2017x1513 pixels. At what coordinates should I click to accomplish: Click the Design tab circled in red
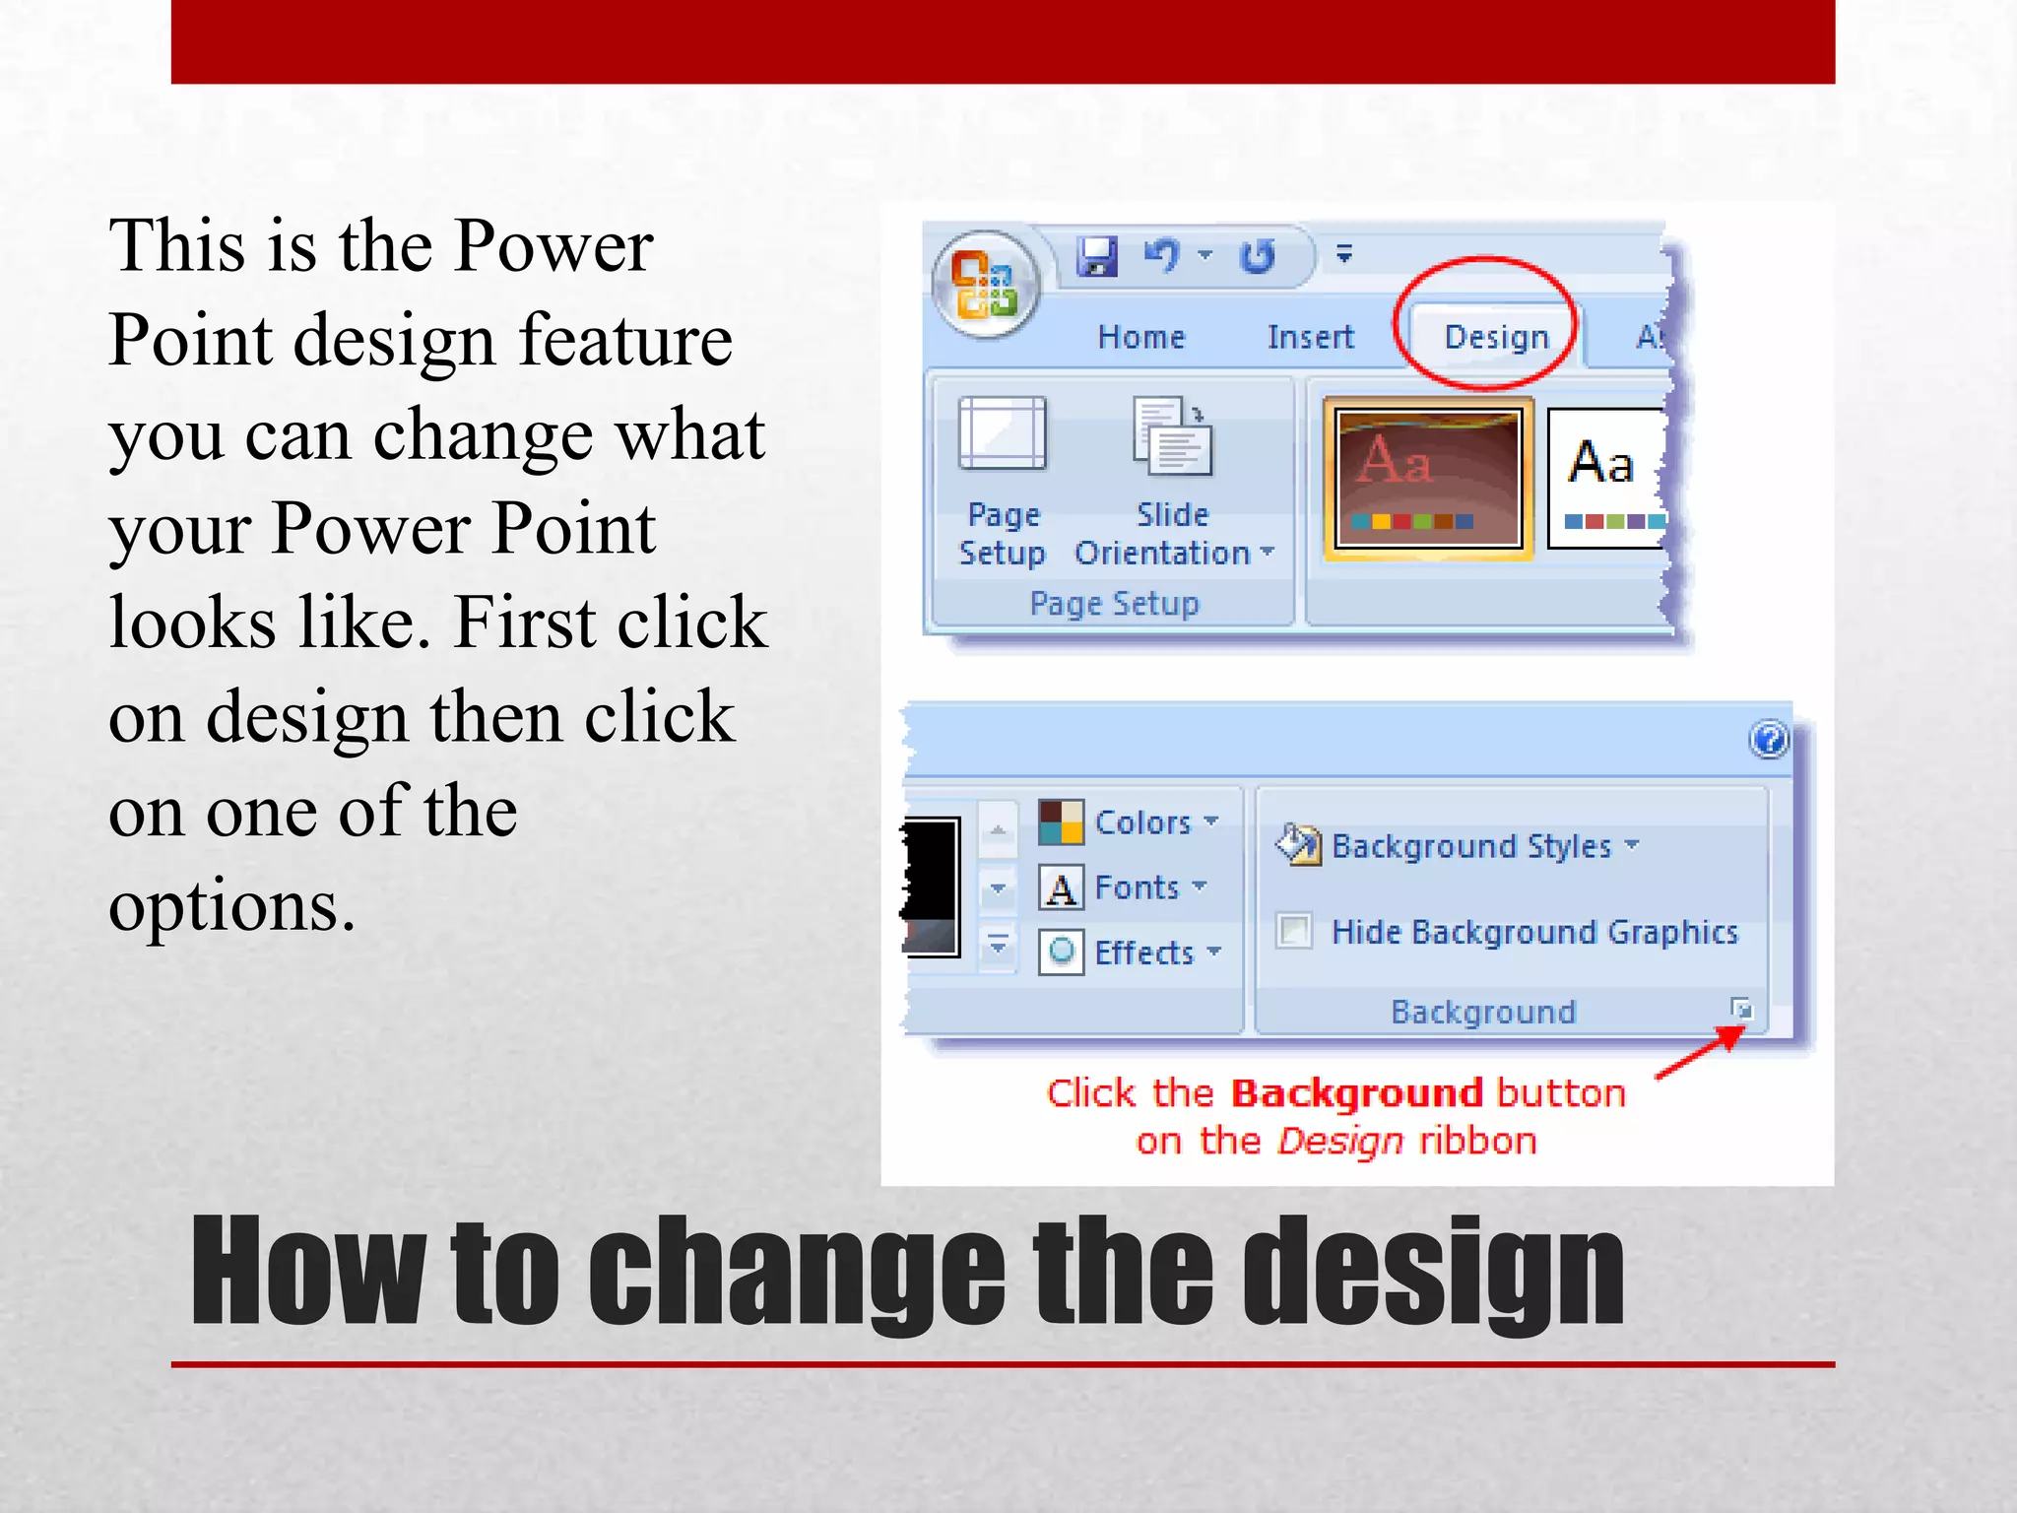pyautogui.click(x=1495, y=337)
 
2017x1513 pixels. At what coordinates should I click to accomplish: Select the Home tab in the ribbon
pyautogui.click(x=1141, y=337)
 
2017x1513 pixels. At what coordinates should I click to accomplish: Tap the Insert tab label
pyautogui.click(x=1310, y=337)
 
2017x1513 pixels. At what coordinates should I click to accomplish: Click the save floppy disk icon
pyautogui.click(x=1096, y=257)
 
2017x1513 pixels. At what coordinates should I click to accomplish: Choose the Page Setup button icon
pyautogui.click(x=1002, y=434)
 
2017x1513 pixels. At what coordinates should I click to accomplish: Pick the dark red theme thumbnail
pyautogui.click(x=1428, y=479)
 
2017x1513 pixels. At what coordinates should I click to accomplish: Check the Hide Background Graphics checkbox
pyautogui.click(x=1294, y=931)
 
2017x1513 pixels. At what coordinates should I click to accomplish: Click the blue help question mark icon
pyautogui.click(x=1769, y=739)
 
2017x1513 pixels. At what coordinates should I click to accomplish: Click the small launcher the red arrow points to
pyautogui.click(x=1741, y=1009)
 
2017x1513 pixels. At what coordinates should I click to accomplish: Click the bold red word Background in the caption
pyautogui.click(x=1357, y=1093)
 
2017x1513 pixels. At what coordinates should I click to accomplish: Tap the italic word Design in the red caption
pyautogui.click(x=1339, y=1142)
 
